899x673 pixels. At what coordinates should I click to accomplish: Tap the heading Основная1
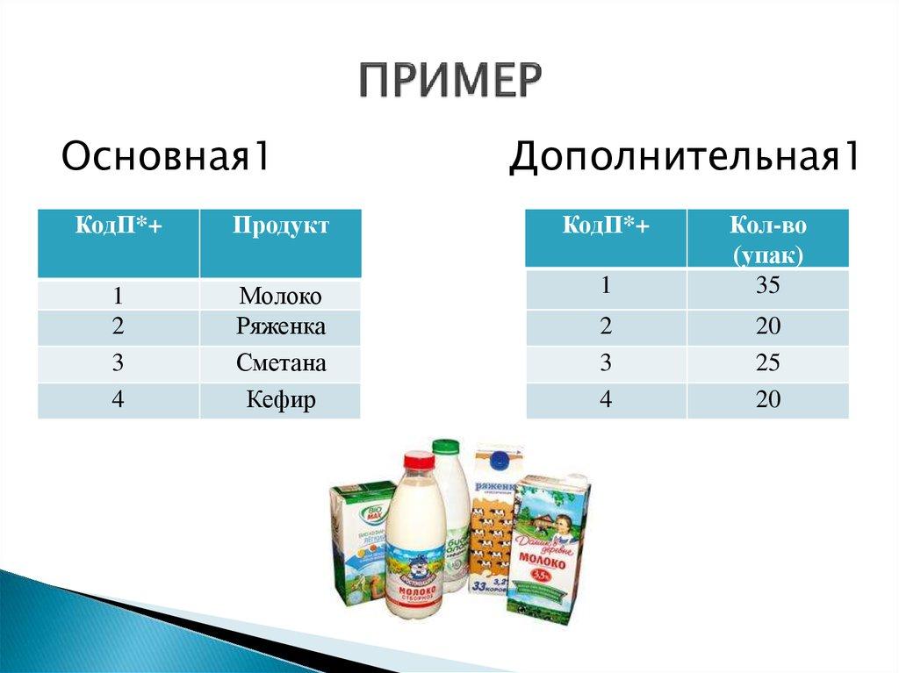pyautogui.click(x=164, y=158)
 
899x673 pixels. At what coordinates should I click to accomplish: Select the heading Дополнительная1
pyautogui.click(x=685, y=158)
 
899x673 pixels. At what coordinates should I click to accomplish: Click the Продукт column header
pyautogui.click(x=280, y=227)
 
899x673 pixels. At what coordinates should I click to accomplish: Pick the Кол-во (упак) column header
pyautogui.click(x=767, y=238)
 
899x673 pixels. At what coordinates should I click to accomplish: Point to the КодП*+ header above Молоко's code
pyautogui.click(x=118, y=227)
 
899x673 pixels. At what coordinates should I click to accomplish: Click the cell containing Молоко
pyautogui.click(x=280, y=296)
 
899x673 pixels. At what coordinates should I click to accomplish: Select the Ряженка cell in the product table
pyautogui.click(x=280, y=327)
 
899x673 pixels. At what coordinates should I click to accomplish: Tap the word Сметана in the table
pyautogui.click(x=280, y=363)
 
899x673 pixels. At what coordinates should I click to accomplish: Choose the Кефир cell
pyautogui.click(x=280, y=401)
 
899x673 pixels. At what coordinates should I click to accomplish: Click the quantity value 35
pyautogui.click(x=767, y=286)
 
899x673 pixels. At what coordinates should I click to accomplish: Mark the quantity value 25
pyautogui.click(x=767, y=363)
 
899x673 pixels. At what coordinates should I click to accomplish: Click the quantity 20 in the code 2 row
pyautogui.click(x=767, y=326)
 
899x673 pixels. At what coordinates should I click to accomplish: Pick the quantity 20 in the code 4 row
pyautogui.click(x=767, y=400)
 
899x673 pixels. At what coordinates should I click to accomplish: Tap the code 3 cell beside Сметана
pyautogui.click(x=118, y=363)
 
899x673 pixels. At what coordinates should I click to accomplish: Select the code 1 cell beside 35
pyautogui.click(x=606, y=286)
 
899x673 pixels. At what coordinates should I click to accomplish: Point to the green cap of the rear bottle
pyautogui.click(x=446, y=447)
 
